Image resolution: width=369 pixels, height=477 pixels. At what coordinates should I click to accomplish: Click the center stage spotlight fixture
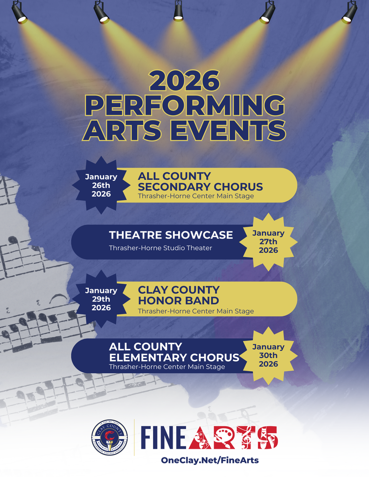[x=178, y=11]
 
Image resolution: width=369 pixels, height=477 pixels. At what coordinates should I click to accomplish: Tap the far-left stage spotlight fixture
[x=19, y=13]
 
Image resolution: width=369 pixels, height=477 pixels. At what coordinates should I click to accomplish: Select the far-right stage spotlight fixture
[x=349, y=13]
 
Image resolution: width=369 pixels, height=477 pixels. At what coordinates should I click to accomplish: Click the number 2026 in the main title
[x=184, y=81]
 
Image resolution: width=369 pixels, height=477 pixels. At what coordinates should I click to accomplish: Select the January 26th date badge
[x=101, y=185]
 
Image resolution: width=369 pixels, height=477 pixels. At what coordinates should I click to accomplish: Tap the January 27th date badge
[x=268, y=241]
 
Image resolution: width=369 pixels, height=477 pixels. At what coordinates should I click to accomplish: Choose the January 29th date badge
[x=101, y=299]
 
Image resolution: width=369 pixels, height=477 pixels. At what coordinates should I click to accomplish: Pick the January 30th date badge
[x=268, y=355]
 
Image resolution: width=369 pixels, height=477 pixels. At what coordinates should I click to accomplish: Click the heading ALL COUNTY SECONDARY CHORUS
[x=200, y=181]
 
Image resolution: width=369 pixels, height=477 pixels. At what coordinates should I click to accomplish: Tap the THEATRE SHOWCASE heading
[x=171, y=235]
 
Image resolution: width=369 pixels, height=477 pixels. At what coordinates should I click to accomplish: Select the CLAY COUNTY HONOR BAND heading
[x=179, y=295]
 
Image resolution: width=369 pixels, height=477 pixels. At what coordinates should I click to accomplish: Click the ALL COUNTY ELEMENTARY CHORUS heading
[x=174, y=352]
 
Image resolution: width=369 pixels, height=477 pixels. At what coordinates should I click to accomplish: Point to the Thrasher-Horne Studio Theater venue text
[x=160, y=248]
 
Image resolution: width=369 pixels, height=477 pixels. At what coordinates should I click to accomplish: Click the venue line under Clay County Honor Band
[x=196, y=311]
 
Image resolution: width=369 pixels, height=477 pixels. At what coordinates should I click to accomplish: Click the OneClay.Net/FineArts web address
[x=209, y=460]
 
